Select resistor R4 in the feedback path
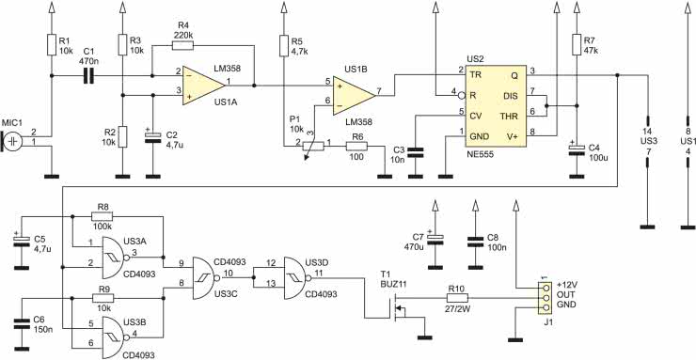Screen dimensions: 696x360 [x=182, y=45]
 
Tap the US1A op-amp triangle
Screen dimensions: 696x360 [x=204, y=86]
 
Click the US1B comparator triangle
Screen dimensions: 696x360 [x=355, y=95]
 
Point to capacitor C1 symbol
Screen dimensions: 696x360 [x=89, y=76]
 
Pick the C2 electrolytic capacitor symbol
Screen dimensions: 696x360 [x=152, y=137]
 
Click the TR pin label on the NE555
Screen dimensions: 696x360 [x=476, y=74]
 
